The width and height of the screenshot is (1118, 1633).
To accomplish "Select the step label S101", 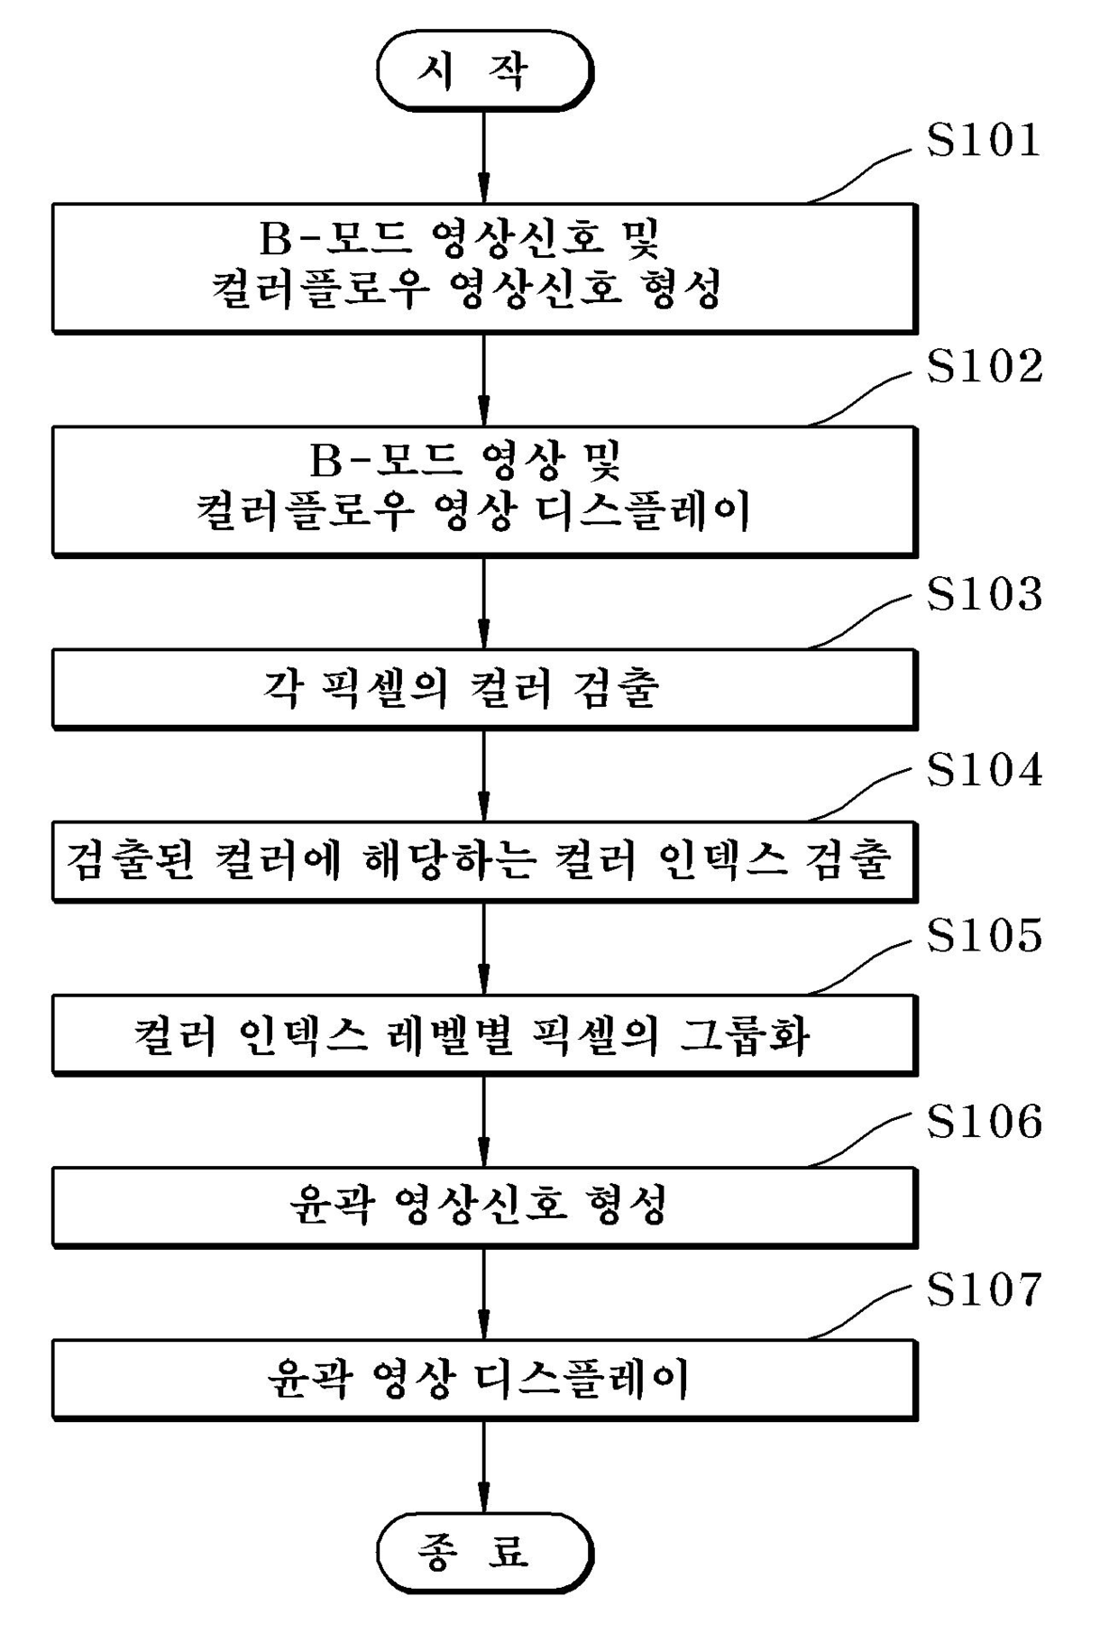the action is tap(984, 141).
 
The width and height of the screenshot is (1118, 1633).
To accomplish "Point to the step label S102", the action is tap(985, 366).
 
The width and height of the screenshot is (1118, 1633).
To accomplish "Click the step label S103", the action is tap(985, 594).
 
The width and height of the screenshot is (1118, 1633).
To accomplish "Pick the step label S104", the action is tap(985, 770).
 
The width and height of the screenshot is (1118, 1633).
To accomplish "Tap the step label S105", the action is tap(985, 935).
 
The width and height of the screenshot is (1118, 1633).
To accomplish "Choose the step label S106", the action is tap(985, 1121).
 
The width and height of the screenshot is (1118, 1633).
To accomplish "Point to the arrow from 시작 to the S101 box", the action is tap(484, 157).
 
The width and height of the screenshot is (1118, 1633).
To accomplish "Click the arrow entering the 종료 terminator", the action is tap(484, 1466).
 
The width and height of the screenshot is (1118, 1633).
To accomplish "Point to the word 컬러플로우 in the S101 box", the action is tap(319, 289).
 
